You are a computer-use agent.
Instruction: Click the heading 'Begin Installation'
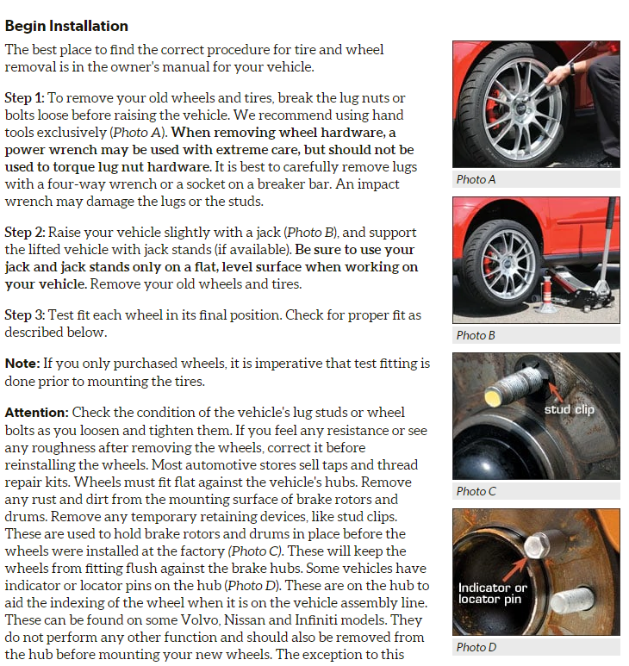(66, 26)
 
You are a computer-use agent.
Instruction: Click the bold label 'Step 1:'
(24, 98)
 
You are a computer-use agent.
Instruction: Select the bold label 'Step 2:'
(24, 233)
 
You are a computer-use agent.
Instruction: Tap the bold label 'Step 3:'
(24, 315)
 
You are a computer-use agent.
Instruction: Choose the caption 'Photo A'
(476, 179)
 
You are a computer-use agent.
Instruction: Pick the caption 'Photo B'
(476, 335)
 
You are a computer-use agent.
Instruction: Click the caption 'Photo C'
(476, 491)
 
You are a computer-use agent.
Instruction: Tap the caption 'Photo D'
(476, 647)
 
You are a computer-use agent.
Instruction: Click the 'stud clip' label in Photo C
(569, 410)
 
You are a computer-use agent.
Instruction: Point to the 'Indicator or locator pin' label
(493, 593)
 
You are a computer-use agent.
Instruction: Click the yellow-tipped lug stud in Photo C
(495, 395)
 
